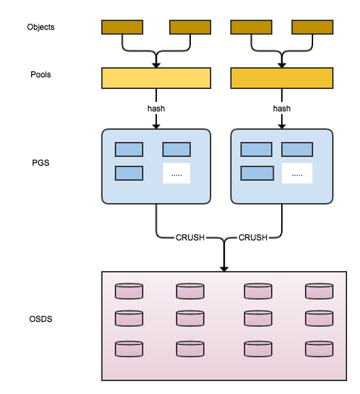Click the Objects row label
click(x=41, y=27)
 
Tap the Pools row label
click(x=41, y=75)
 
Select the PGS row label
click(x=41, y=163)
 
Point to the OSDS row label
click(x=41, y=319)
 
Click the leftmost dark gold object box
click(x=122, y=27)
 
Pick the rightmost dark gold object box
click(x=312, y=27)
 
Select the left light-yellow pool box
click(x=156, y=78)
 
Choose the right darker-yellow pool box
click(x=282, y=78)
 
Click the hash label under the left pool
click(x=156, y=109)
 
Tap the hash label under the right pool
click(x=282, y=109)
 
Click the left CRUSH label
click(x=190, y=238)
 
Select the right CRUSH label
click(x=253, y=238)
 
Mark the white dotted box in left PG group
click(x=177, y=173)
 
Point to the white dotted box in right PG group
click(x=298, y=173)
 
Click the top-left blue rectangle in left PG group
click(x=129, y=149)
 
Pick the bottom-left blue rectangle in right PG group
click(x=257, y=173)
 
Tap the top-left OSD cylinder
click(x=129, y=291)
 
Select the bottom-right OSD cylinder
click(x=319, y=349)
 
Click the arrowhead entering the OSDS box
click(x=224, y=269)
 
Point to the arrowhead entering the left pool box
click(x=156, y=65)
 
